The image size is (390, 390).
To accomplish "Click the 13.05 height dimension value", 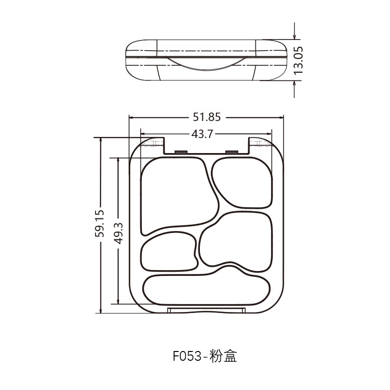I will click(x=298, y=60).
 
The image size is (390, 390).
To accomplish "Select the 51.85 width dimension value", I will click(x=207, y=117).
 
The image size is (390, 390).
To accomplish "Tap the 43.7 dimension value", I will click(x=202, y=134).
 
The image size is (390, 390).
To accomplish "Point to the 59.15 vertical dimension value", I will click(x=100, y=222).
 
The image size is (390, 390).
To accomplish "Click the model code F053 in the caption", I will click(x=188, y=357).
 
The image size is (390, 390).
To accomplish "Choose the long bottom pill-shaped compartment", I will click(x=207, y=290).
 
